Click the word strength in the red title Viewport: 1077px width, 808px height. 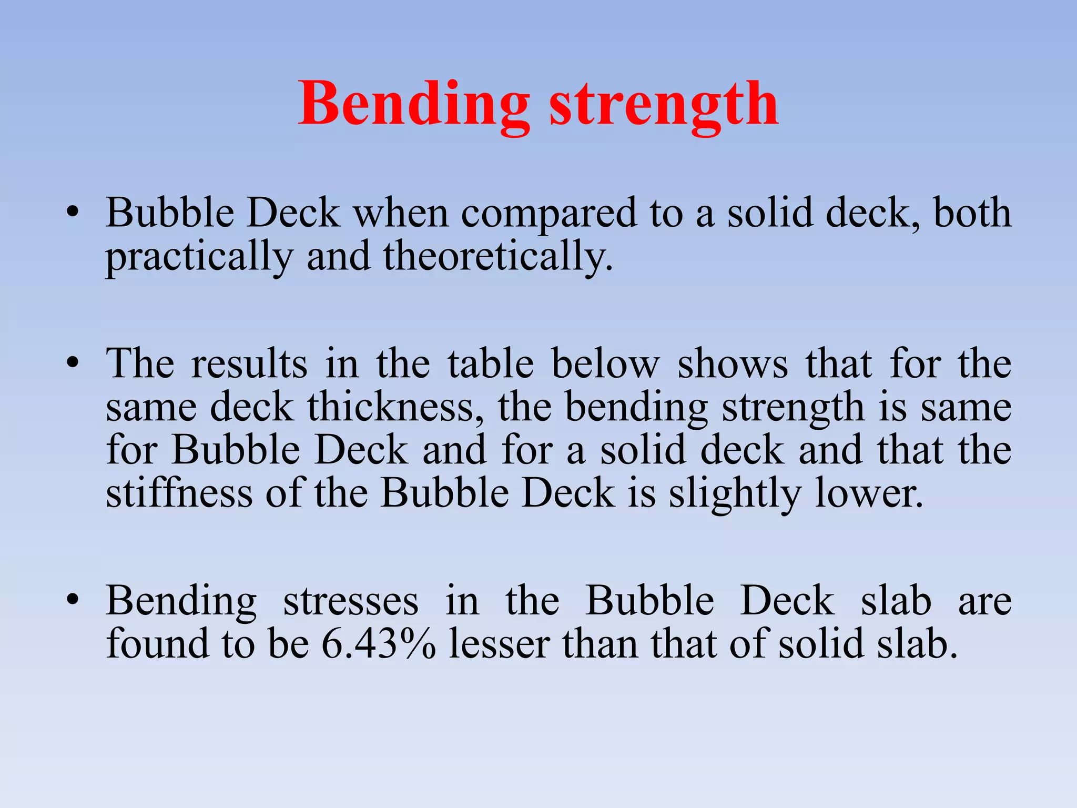(664, 104)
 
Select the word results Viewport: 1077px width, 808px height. (249, 363)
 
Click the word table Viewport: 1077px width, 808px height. (491, 363)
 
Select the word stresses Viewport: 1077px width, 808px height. (351, 601)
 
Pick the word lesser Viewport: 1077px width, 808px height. (499, 644)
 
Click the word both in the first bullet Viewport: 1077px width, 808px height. (972, 213)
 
